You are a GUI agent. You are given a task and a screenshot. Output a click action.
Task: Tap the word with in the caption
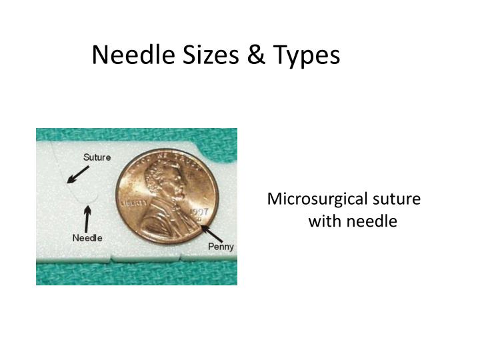tap(322, 221)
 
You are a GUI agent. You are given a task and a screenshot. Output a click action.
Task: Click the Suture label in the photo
tap(97, 157)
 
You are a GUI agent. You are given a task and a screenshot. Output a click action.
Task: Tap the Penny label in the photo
tap(221, 247)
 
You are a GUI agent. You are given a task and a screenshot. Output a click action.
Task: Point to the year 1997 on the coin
tap(200, 213)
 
